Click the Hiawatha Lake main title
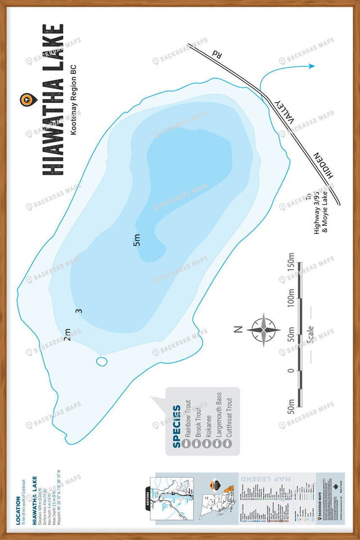pos(53,100)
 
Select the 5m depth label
pos(137,240)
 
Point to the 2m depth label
pos(67,335)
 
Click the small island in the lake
pos(102,361)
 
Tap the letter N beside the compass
pos(238,329)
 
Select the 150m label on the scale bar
pos(292,271)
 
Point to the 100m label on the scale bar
pos(292,304)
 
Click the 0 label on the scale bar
pos(291,370)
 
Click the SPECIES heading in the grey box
pos(177,426)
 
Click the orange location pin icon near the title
pos(25,100)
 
